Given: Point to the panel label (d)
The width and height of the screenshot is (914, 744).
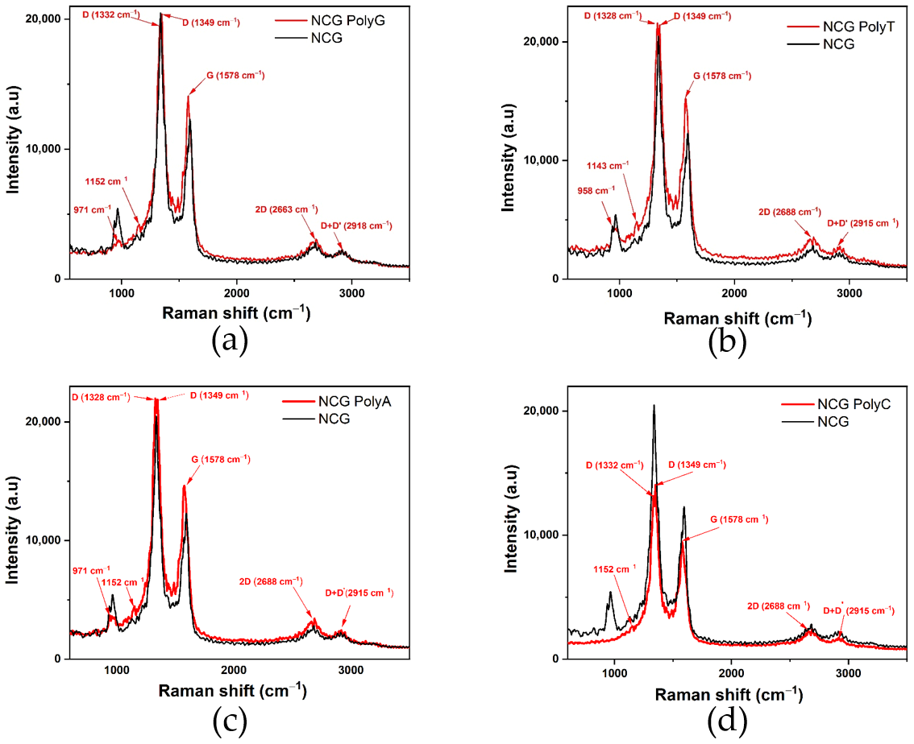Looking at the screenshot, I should pos(727,720).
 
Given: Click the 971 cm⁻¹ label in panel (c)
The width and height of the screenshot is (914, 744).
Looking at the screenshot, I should pos(91,568).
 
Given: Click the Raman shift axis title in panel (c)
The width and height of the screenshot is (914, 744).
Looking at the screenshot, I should pos(232,691).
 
